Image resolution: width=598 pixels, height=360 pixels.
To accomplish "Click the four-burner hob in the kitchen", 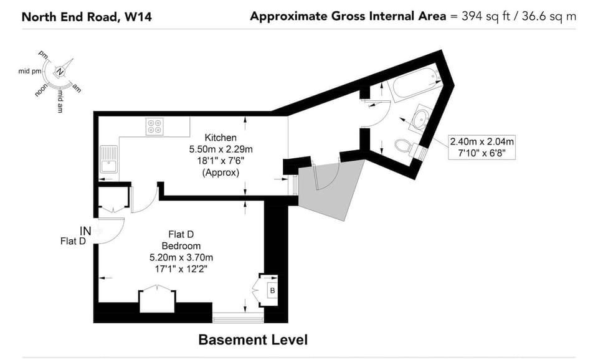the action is (154, 126).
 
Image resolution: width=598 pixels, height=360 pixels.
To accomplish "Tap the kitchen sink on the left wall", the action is (109, 159).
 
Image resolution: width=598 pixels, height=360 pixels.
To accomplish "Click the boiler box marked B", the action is (272, 291).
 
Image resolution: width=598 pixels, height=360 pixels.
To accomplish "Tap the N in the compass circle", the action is (60, 71).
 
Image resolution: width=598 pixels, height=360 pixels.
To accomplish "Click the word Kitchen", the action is (221, 138).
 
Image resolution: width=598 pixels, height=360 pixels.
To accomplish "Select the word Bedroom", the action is (181, 246).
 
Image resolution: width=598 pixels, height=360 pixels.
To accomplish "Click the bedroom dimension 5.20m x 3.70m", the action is (181, 258).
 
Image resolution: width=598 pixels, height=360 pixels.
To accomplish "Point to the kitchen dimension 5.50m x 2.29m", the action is (221, 149).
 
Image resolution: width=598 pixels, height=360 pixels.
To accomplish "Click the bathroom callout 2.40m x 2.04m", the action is (482, 142).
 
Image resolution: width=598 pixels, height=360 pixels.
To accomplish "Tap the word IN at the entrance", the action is (85, 230).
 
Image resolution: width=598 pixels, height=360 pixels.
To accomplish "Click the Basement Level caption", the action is (253, 340).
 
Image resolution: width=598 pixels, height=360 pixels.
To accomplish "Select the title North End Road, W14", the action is (87, 17).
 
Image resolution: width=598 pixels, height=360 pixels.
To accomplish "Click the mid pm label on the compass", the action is (30, 71).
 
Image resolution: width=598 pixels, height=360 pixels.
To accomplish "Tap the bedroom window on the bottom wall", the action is (238, 318).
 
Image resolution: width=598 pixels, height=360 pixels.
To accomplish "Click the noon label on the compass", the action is (41, 90).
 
